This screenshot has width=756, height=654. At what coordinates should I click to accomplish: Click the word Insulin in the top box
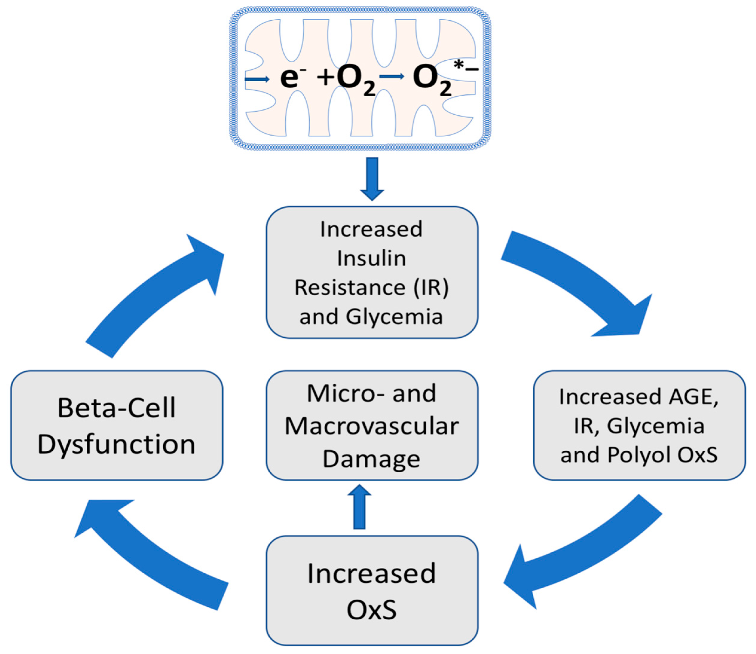(x=371, y=258)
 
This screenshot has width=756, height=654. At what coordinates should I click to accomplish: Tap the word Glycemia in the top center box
(x=394, y=316)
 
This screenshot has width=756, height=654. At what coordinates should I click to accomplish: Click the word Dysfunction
(x=117, y=444)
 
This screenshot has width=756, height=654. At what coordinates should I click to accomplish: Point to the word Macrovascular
(x=371, y=426)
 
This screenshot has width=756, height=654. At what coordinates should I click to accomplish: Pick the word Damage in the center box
(x=371, y=459)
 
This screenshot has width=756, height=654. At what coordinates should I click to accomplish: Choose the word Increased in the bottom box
(x=371, y=573)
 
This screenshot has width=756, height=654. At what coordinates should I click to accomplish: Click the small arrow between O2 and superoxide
(x=392, y=76)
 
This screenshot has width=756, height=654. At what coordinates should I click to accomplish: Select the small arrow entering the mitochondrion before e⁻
(x=257, y=79)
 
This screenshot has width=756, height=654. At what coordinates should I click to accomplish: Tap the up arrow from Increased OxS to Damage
(x=360, y=507)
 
